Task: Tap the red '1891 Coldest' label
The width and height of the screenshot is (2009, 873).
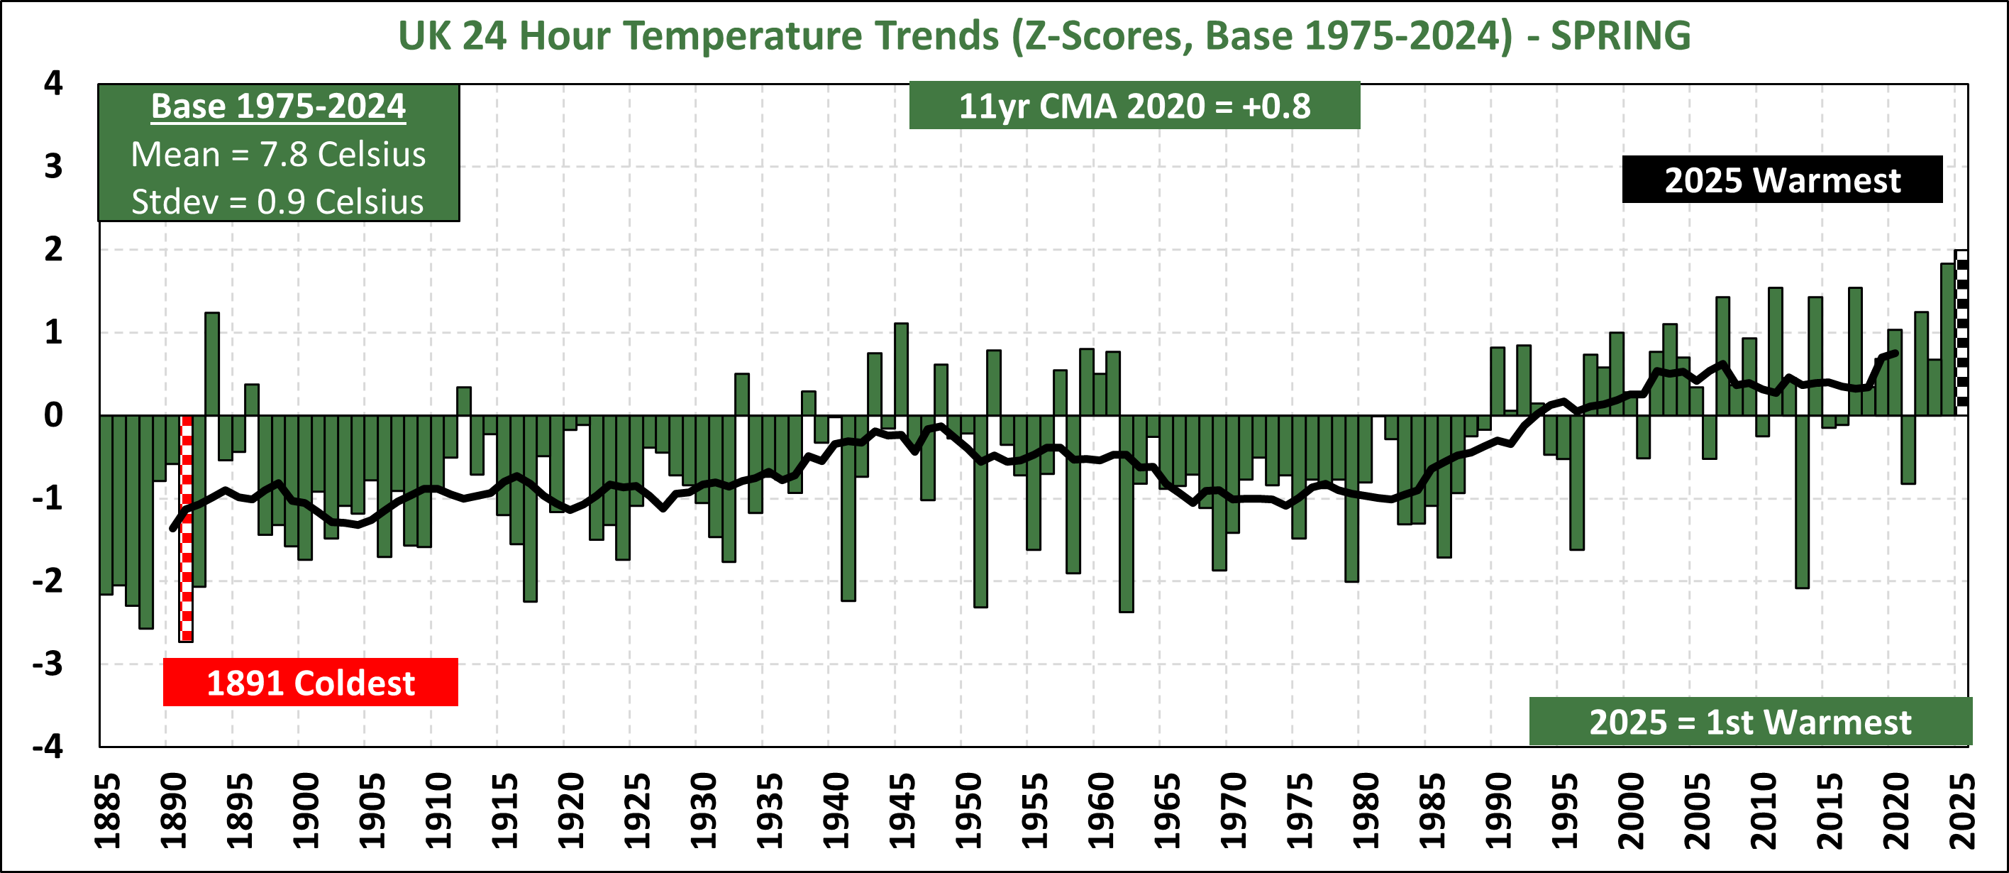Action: click(311, 683)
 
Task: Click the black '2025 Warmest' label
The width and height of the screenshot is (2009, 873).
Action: click(1782, 180)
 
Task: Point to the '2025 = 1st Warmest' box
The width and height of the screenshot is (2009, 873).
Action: click(1750, 722)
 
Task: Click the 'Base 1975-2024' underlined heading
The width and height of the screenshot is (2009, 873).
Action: click(278, 106)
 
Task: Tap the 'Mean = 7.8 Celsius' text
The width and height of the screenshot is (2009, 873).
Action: click(278, 155)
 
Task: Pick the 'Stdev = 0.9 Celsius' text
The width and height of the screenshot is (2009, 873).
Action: click(277, 202)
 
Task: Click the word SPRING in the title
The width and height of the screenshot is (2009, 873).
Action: click(1621, 36)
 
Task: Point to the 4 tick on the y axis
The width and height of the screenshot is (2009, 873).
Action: click(53, 83)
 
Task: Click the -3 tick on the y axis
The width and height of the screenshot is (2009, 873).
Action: click(48, 664)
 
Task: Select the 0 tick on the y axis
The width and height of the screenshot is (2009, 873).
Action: click(53, 415)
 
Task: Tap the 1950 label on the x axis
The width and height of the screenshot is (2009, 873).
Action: click(968, 811)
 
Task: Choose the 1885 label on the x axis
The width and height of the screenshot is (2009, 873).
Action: click(107, 811)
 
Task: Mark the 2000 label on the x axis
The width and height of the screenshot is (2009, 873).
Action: click(1630, 811)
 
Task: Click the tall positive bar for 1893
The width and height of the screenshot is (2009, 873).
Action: click(212, 363)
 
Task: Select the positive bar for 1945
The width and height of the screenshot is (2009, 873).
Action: click(901, 369)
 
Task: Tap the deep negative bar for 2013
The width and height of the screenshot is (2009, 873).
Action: click(1802, 501)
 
